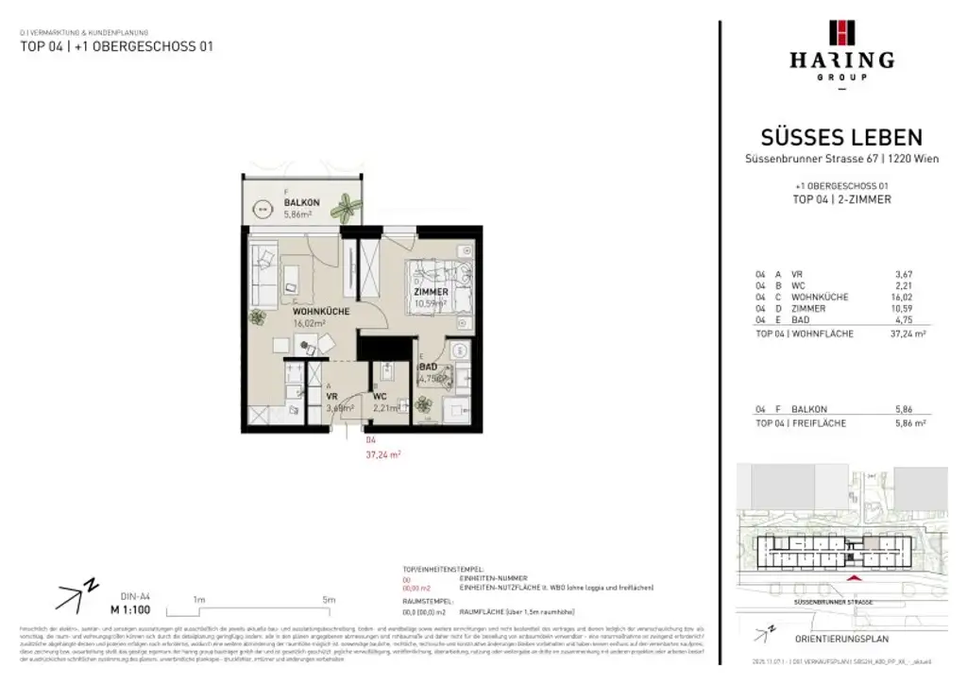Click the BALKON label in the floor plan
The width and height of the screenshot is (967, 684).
(x=302, y=202)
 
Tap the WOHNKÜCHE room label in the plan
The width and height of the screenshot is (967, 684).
(x=321, y=311)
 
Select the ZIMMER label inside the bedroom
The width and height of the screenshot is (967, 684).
(x=431, y=292)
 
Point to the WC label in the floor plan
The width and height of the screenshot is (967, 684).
(x=381, y=396)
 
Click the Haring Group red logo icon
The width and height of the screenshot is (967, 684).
(x=841, y=32)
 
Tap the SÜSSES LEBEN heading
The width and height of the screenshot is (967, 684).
(x=841, y=138)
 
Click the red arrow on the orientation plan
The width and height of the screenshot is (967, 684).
(x=856, y=576)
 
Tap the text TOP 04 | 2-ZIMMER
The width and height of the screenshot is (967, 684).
(x=841, y=199)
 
